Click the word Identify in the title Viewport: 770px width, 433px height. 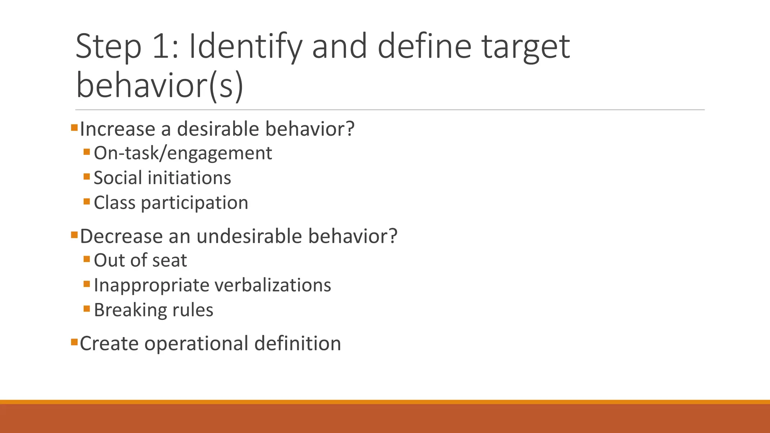[245, 47]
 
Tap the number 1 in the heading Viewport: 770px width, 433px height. [161, 47]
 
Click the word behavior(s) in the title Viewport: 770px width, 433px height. [160, 86]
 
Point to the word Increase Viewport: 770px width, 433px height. [118, 129]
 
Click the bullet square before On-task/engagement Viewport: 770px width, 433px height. [87, 152]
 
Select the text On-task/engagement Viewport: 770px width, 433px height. [183, 153]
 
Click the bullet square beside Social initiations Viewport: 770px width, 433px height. [87, 177]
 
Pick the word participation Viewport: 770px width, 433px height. [194, 203]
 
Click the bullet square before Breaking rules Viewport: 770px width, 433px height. [87, 309]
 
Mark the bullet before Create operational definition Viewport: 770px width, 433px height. [74, 342]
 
